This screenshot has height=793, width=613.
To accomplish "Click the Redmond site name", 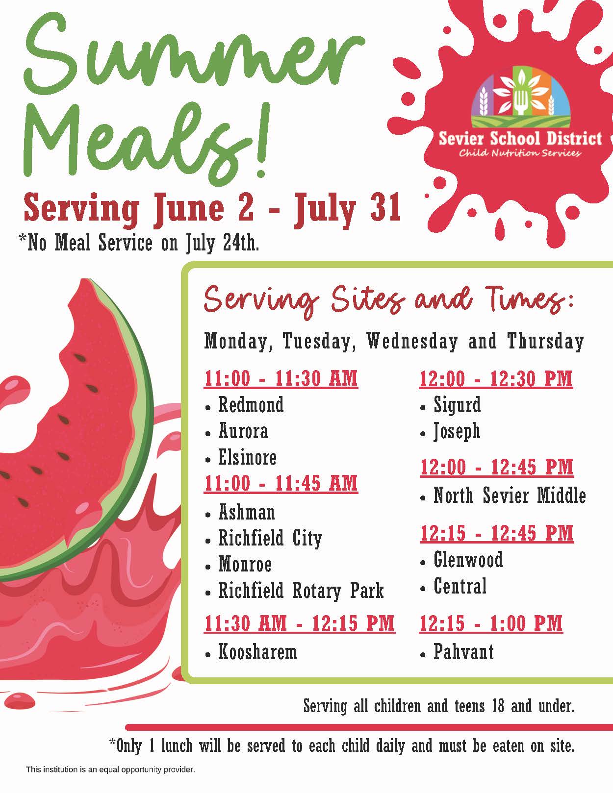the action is (251, 405).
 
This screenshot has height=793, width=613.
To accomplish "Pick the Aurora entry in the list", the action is (243, 431).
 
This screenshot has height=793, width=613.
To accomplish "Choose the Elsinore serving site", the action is (247, 457).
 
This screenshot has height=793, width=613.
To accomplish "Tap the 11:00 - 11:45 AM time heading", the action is (281, 484).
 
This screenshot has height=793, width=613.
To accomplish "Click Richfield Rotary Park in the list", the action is (301, 591).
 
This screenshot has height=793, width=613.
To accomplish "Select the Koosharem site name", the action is (257, 652).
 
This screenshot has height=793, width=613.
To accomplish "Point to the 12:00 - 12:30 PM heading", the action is (496, 378).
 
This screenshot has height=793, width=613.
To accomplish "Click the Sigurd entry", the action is (457, 405).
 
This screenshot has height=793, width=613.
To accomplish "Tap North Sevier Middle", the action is (510, 496).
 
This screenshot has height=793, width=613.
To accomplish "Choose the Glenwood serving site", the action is (468, 559).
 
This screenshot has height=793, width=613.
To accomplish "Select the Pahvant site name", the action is (464, 652).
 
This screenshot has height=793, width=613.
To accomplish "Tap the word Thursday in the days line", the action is (545, 342).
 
